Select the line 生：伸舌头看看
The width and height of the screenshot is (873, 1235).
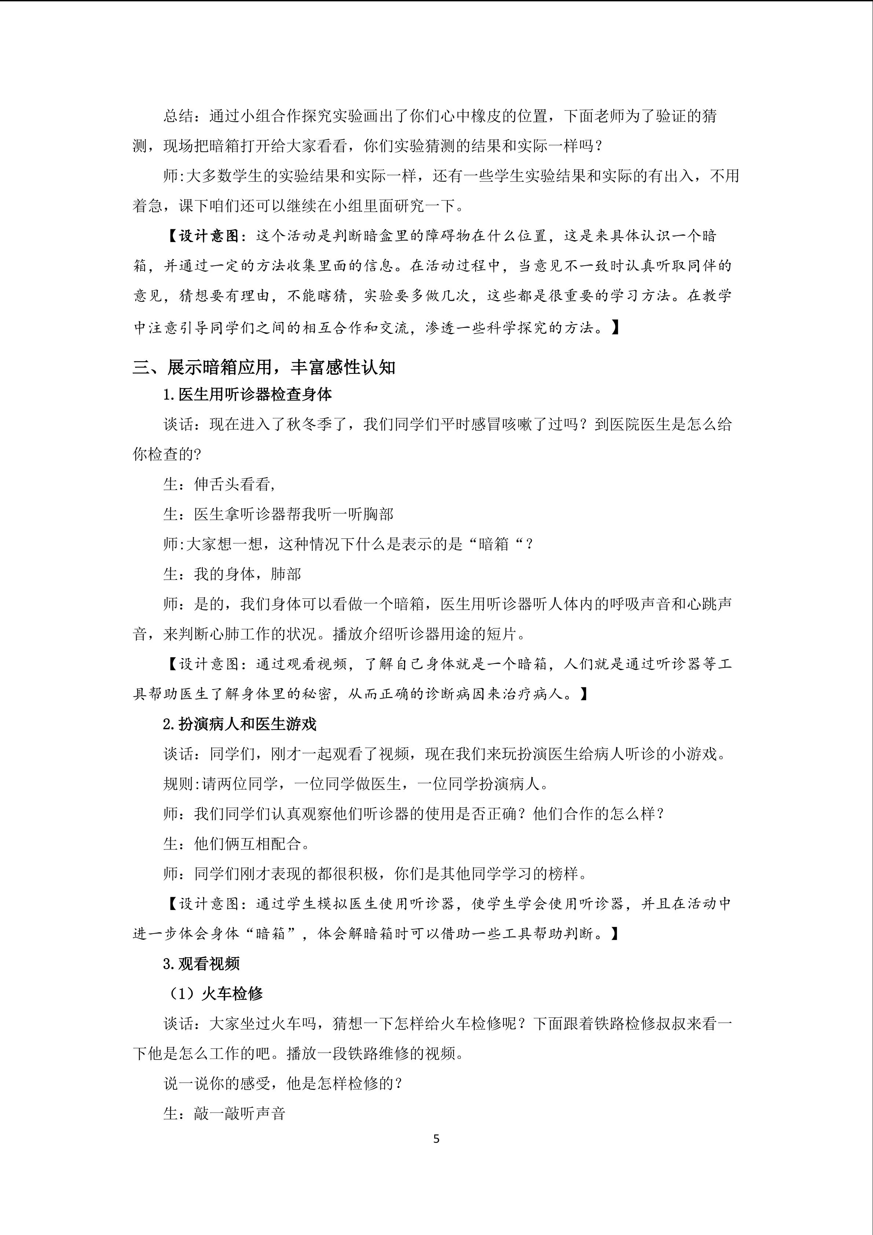(x=219, y=484)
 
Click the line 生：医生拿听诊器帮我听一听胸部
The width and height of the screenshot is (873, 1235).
(x=278, y=514)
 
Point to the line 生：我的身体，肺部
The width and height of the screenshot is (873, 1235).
(x=232, y=574)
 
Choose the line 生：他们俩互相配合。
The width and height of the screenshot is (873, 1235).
(x=236, y=843)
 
